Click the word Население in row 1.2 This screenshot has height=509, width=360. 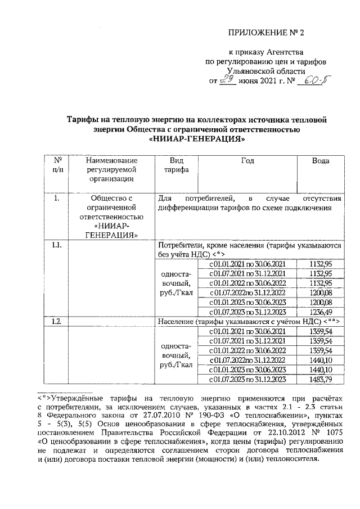pos(179,320)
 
